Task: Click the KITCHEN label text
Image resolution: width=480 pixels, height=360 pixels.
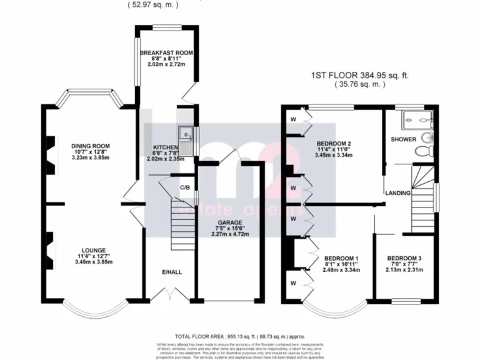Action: pos(166,148)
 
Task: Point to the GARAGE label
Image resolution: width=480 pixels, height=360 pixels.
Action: pos(229,222)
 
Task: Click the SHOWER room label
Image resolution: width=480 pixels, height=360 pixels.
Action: pos(403,139)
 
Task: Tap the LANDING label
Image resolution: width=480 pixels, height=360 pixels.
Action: pos(397,193)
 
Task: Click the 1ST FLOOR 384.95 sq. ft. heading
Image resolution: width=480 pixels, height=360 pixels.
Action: pos(359,76)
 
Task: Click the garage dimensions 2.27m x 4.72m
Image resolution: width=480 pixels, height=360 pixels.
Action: pos(229,235)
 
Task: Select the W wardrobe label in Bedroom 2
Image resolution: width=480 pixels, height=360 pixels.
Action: pos(292,119)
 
